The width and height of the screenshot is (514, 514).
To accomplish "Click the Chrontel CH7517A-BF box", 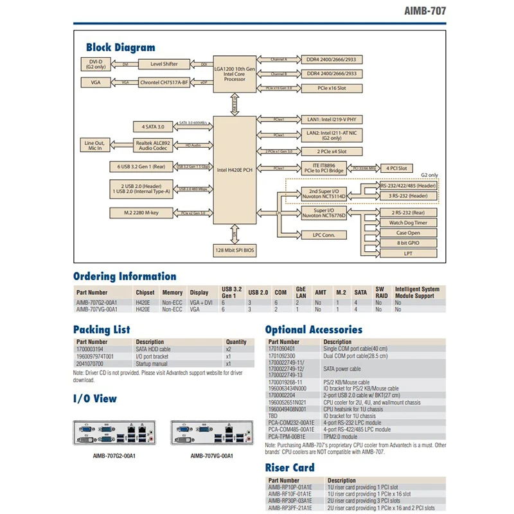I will [164, 82].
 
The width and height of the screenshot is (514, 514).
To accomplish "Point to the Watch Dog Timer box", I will [408, 222].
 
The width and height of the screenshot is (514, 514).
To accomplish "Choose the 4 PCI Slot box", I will [396, 168].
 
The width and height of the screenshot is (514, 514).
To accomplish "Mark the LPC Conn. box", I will [324, 235].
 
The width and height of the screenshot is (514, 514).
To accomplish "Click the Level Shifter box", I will [164, 64].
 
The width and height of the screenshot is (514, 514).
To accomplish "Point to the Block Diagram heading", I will [120, 47].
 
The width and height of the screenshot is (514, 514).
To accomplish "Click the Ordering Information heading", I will [124, 277].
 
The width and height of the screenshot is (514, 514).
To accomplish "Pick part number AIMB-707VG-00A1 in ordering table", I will [97, 310].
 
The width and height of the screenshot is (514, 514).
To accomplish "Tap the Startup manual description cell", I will [152, 364].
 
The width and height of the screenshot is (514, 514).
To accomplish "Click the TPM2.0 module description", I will [342, 436].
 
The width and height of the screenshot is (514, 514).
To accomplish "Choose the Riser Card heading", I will [289, 468].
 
